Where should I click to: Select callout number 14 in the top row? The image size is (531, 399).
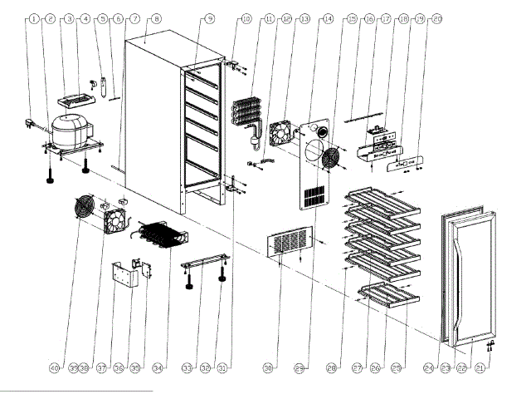(328, 17)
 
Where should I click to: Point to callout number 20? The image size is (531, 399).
(437, 17)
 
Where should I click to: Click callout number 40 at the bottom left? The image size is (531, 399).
(55, 367)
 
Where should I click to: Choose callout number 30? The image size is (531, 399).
(267, 367)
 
